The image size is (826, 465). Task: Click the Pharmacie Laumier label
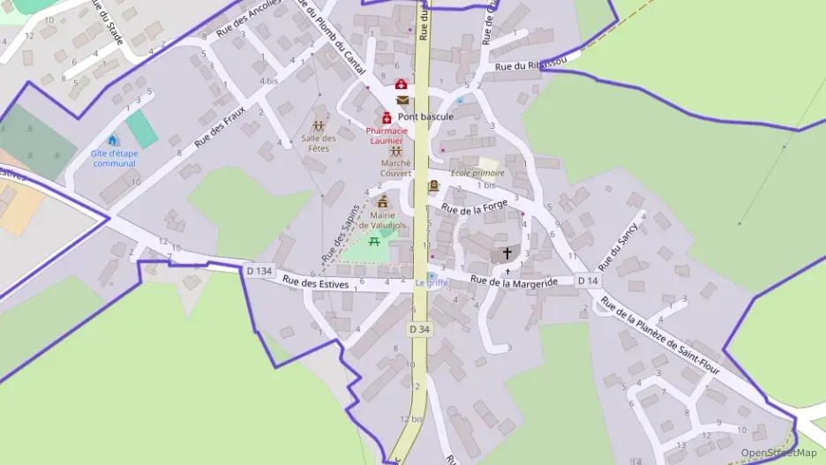coord(385,136)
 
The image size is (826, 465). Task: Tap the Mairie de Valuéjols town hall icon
coord(383,202)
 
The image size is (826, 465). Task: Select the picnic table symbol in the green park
coord(375,241)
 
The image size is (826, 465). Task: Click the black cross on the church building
coord(507,253)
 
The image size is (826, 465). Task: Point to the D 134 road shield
coord(259,271)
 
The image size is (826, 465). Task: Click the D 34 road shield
coord(420,328)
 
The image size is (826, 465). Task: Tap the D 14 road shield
coord(589,281)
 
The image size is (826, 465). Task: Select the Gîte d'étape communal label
coord(115,158)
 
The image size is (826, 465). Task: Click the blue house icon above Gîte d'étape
coord(112,139)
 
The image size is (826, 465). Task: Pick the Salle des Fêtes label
coord(319,143)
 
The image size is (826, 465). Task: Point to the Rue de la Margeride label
coord(514,281)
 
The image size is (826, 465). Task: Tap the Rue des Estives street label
coord(316,283)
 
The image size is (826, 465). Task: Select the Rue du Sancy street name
coord(618,247)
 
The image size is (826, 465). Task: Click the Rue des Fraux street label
coord(220,126)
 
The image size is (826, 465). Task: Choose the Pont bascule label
coord(425,116)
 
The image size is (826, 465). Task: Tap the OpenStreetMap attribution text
coord(778,453)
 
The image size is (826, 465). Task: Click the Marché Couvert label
coord(395,168)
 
